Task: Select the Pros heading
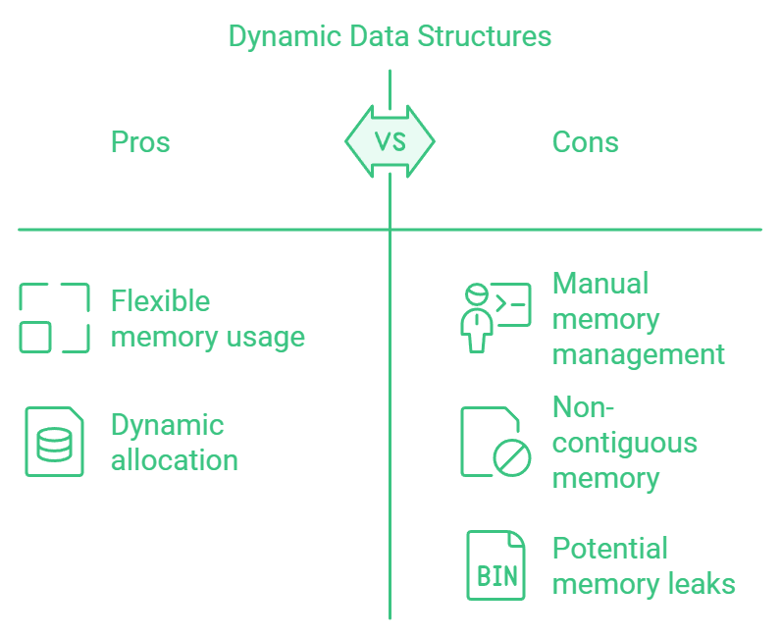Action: click(x=140, y=142)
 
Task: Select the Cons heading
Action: click(x=586, y=142)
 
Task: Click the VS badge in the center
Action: click(x=390, y=141)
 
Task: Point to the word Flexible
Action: click(x=160, y=300)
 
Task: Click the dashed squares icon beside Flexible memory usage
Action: click(x=54, y=318)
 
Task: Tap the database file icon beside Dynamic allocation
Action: click(x=54, y=442)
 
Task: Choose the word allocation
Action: click(x=175, y=460)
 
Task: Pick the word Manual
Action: click(x=600, y=284)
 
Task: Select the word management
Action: click(x=639, y=354)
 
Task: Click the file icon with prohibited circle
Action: click(x=495, y=442)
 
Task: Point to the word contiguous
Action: click(x=625, y=443)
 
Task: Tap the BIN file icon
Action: click(x=495, y=565)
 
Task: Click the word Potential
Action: click(x=610, y=548)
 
